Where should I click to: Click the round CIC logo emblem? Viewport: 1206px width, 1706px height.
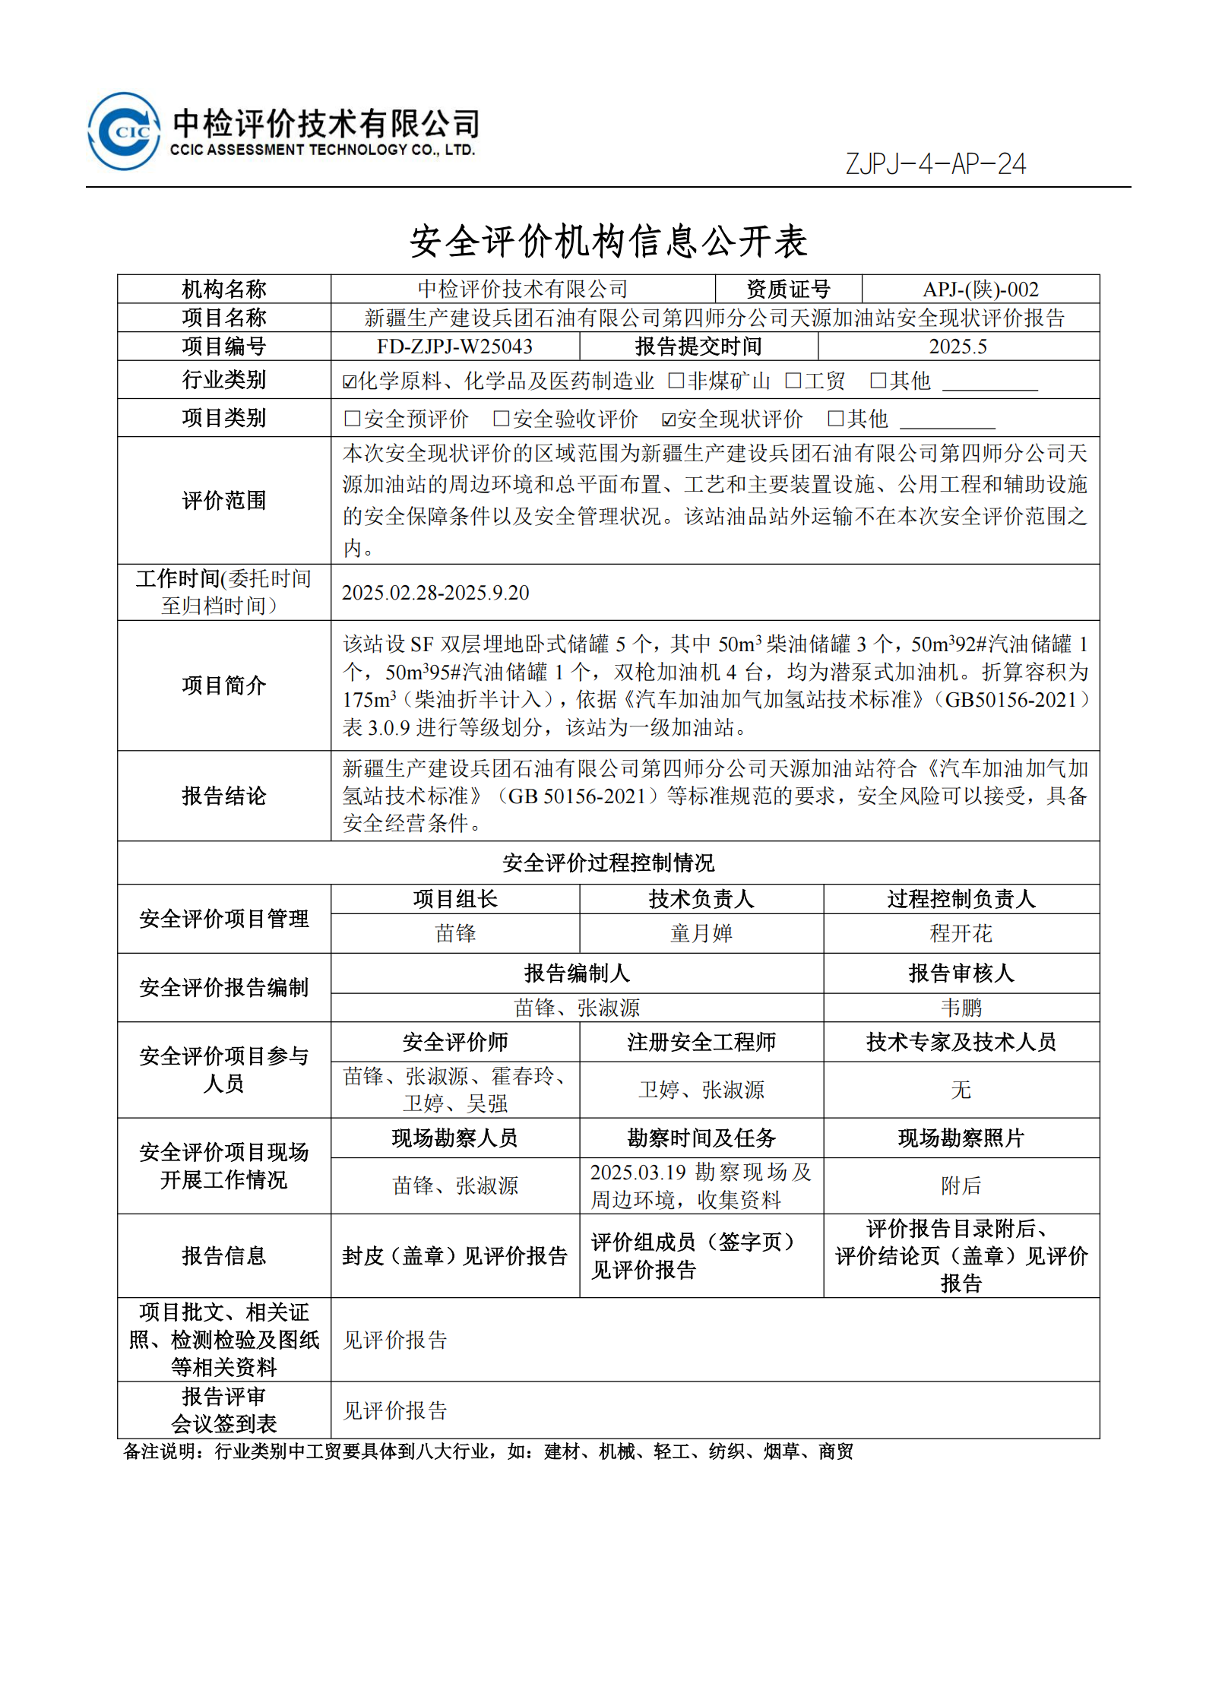pos(124,131)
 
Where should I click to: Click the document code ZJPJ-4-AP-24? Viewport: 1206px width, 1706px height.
pos(935,164)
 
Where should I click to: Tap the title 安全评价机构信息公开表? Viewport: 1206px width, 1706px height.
pos(608,242)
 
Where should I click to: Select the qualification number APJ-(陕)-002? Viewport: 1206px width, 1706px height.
pos(980,290)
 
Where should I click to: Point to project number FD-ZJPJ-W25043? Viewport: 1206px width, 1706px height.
pos(454,347)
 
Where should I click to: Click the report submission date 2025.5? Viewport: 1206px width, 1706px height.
pos(958,347)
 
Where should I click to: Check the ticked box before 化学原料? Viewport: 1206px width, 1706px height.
pos(350,381)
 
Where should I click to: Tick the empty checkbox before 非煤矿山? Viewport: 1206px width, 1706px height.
pos(675,380)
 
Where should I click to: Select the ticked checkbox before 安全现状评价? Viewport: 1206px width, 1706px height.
pos(669,419)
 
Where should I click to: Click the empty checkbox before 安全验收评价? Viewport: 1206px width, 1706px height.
pos(501,418)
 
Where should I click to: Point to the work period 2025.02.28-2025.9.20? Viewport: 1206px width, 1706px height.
pos(435,593)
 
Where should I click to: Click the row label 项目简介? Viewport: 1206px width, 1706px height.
pos(223,685)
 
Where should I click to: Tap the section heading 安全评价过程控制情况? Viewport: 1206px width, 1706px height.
pos(608,862)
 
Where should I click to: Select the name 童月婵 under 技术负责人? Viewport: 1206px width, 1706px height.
pos(701,933)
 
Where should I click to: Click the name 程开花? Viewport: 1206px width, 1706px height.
pos(961,933)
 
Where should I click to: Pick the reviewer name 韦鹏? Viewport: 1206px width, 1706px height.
pos(961,1008)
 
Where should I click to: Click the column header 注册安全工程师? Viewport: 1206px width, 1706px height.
pos(701,1042)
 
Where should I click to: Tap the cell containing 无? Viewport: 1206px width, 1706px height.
pos(961,1090)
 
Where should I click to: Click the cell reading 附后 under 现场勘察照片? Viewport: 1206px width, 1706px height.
pos(961,1185)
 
